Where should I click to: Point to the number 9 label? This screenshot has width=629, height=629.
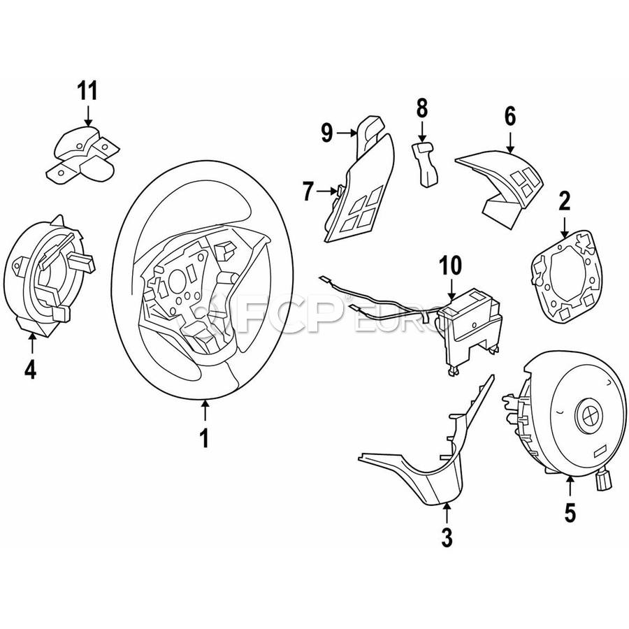point(326,133)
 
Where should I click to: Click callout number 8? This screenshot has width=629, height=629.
point(421,108)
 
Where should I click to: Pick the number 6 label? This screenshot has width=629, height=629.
point(509,117)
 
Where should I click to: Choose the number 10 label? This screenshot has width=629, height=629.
point(451,266)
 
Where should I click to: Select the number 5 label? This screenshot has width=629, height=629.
point(570,512)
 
